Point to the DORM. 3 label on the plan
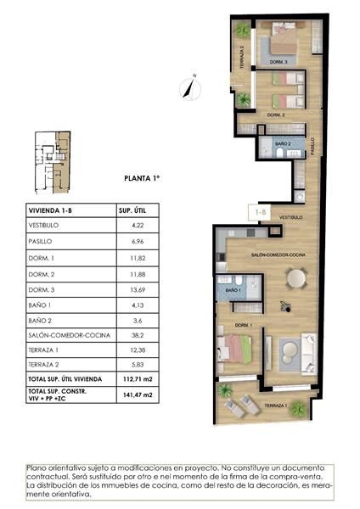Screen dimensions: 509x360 click(x=278, y=62)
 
